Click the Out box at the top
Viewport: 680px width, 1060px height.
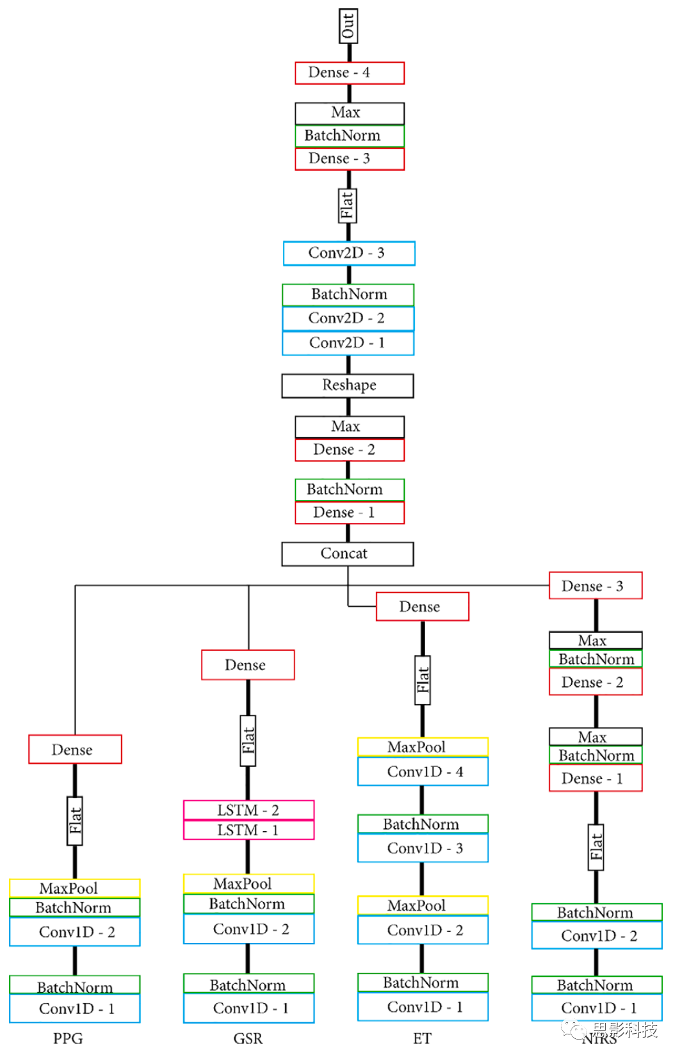348,26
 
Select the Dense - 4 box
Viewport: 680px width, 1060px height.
350,73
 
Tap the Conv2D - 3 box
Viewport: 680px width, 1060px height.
349,253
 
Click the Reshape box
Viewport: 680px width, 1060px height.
348,385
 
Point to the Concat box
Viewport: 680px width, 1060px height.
348,554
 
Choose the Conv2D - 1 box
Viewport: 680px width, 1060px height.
348,343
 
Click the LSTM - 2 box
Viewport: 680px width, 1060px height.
248,810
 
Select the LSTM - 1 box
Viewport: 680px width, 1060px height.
248,830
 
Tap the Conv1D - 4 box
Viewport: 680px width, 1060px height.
423,772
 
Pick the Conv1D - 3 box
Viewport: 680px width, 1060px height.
423,849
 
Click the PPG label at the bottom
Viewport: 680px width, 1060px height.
68,1038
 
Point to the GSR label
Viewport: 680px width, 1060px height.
248,1038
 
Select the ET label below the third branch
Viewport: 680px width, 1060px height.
422,1038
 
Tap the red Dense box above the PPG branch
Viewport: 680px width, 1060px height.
75,750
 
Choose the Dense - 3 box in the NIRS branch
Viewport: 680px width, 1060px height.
595,586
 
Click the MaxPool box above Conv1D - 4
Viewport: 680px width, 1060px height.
423,747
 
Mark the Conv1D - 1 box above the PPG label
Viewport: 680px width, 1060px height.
75,1009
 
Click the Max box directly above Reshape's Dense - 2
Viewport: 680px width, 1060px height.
350,427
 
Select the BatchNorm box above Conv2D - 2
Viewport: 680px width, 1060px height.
348,294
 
